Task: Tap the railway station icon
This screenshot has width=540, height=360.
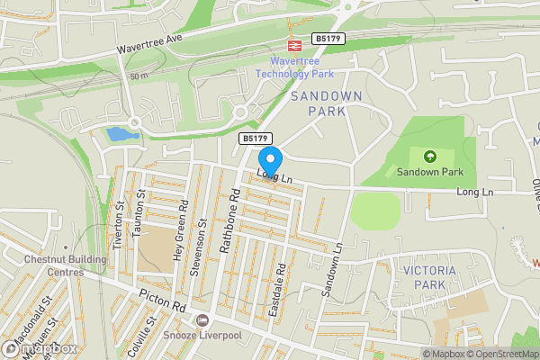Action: click(293, 43)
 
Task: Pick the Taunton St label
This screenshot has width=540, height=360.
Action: click(139, 220)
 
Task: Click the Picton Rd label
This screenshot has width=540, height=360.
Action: click(161, 301)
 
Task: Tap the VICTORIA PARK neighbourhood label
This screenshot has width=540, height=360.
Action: click(429, 277)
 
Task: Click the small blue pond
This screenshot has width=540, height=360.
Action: click(118, 135)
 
